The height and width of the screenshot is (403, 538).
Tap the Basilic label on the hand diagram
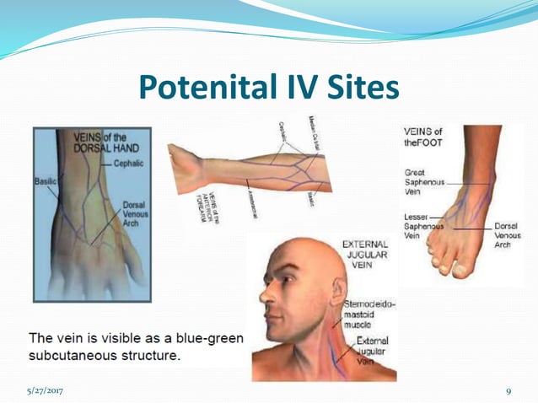click(x=46, y=180)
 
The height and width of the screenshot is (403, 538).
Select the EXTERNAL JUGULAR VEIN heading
click(x=364, y=255)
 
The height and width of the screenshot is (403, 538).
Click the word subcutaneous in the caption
click(x=70, y=355)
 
